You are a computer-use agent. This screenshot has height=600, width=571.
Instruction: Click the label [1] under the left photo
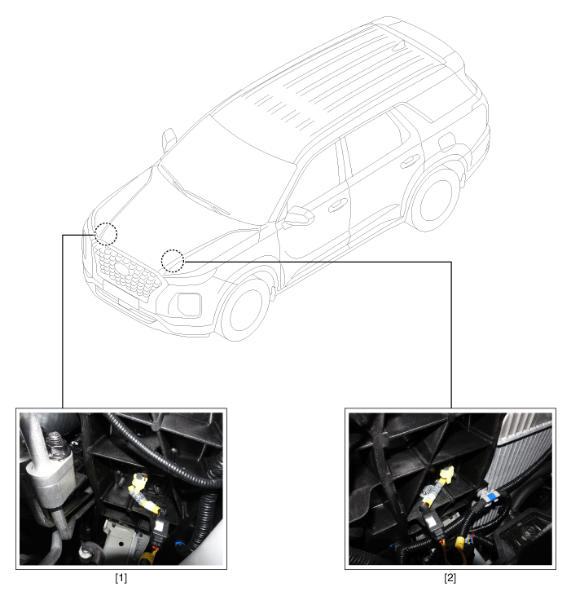(x=121, y=578)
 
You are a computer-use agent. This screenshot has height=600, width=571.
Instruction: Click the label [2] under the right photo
(x=450, y=578)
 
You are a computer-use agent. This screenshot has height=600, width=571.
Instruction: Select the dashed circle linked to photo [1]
(x=106, y=233)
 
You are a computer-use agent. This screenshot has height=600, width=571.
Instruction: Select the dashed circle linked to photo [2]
(x=172, y=260)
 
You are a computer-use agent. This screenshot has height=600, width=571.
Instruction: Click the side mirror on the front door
(x=299, y=216)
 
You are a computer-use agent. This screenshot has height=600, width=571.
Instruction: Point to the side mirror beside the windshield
(x=169, y=139)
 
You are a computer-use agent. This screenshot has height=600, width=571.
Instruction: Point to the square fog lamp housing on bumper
(x=189, y=303)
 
